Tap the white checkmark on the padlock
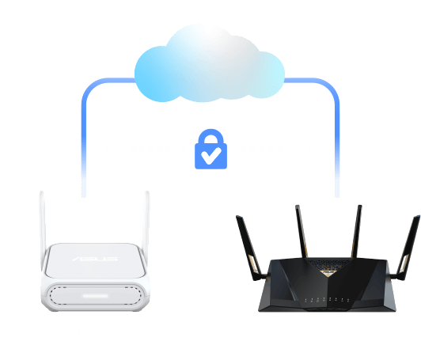pos(210,156)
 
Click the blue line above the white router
pos(84,135)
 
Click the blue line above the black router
pos(338,135)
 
